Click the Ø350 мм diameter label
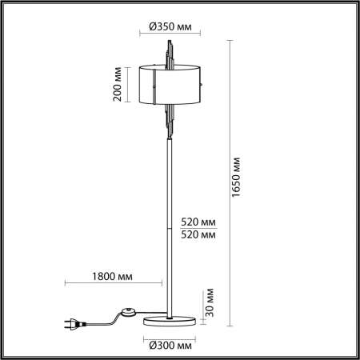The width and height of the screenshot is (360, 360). [x=170, y=26]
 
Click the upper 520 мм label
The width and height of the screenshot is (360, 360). [x=197, y=221]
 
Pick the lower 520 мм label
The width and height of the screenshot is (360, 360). [x=197, y=234]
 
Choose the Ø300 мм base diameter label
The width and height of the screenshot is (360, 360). [x=170, y=345]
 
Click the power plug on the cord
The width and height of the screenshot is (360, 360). [x=71, y=324]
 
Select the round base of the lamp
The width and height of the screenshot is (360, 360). [x=170, y=321]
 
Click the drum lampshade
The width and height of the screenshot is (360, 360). [x=170, y=84]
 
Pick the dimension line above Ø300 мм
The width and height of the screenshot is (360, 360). [x=170, y=336]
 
